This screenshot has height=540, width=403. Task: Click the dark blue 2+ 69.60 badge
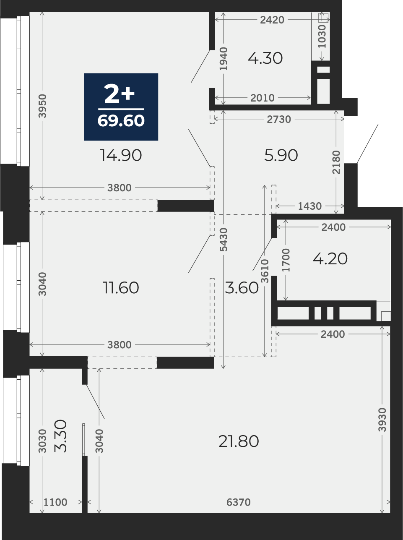[x=121, y=107]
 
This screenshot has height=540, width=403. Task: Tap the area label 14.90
[x=121, y=156]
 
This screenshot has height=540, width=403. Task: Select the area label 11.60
[x=121, y=288]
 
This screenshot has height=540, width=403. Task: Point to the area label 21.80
[x=239, y=441]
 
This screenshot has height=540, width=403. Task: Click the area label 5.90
[x=281, y=156]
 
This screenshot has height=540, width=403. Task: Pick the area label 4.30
[x=265, y=59]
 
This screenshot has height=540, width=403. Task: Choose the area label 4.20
[x=330, y=259]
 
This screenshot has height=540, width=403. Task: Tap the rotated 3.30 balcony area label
[x=60, y=436]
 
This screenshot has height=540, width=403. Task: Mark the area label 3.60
[x=242, y=288]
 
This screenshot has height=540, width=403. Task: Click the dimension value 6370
[x=238, y=502]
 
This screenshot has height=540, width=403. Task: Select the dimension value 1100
[x=55, y=502]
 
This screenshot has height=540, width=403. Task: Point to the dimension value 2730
[x=279, y=120]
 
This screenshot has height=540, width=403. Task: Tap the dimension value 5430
[x=224, y=240]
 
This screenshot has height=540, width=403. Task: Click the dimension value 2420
[x=272, y=20]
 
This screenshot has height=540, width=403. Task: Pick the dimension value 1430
[x=310, y=206]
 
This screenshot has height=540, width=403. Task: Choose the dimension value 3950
[x=42, y=106]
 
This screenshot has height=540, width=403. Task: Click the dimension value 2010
[x=263, y=98]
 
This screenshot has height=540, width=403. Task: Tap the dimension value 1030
[x=322, y=37]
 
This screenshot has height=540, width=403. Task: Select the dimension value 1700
[x=286, y=260]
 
